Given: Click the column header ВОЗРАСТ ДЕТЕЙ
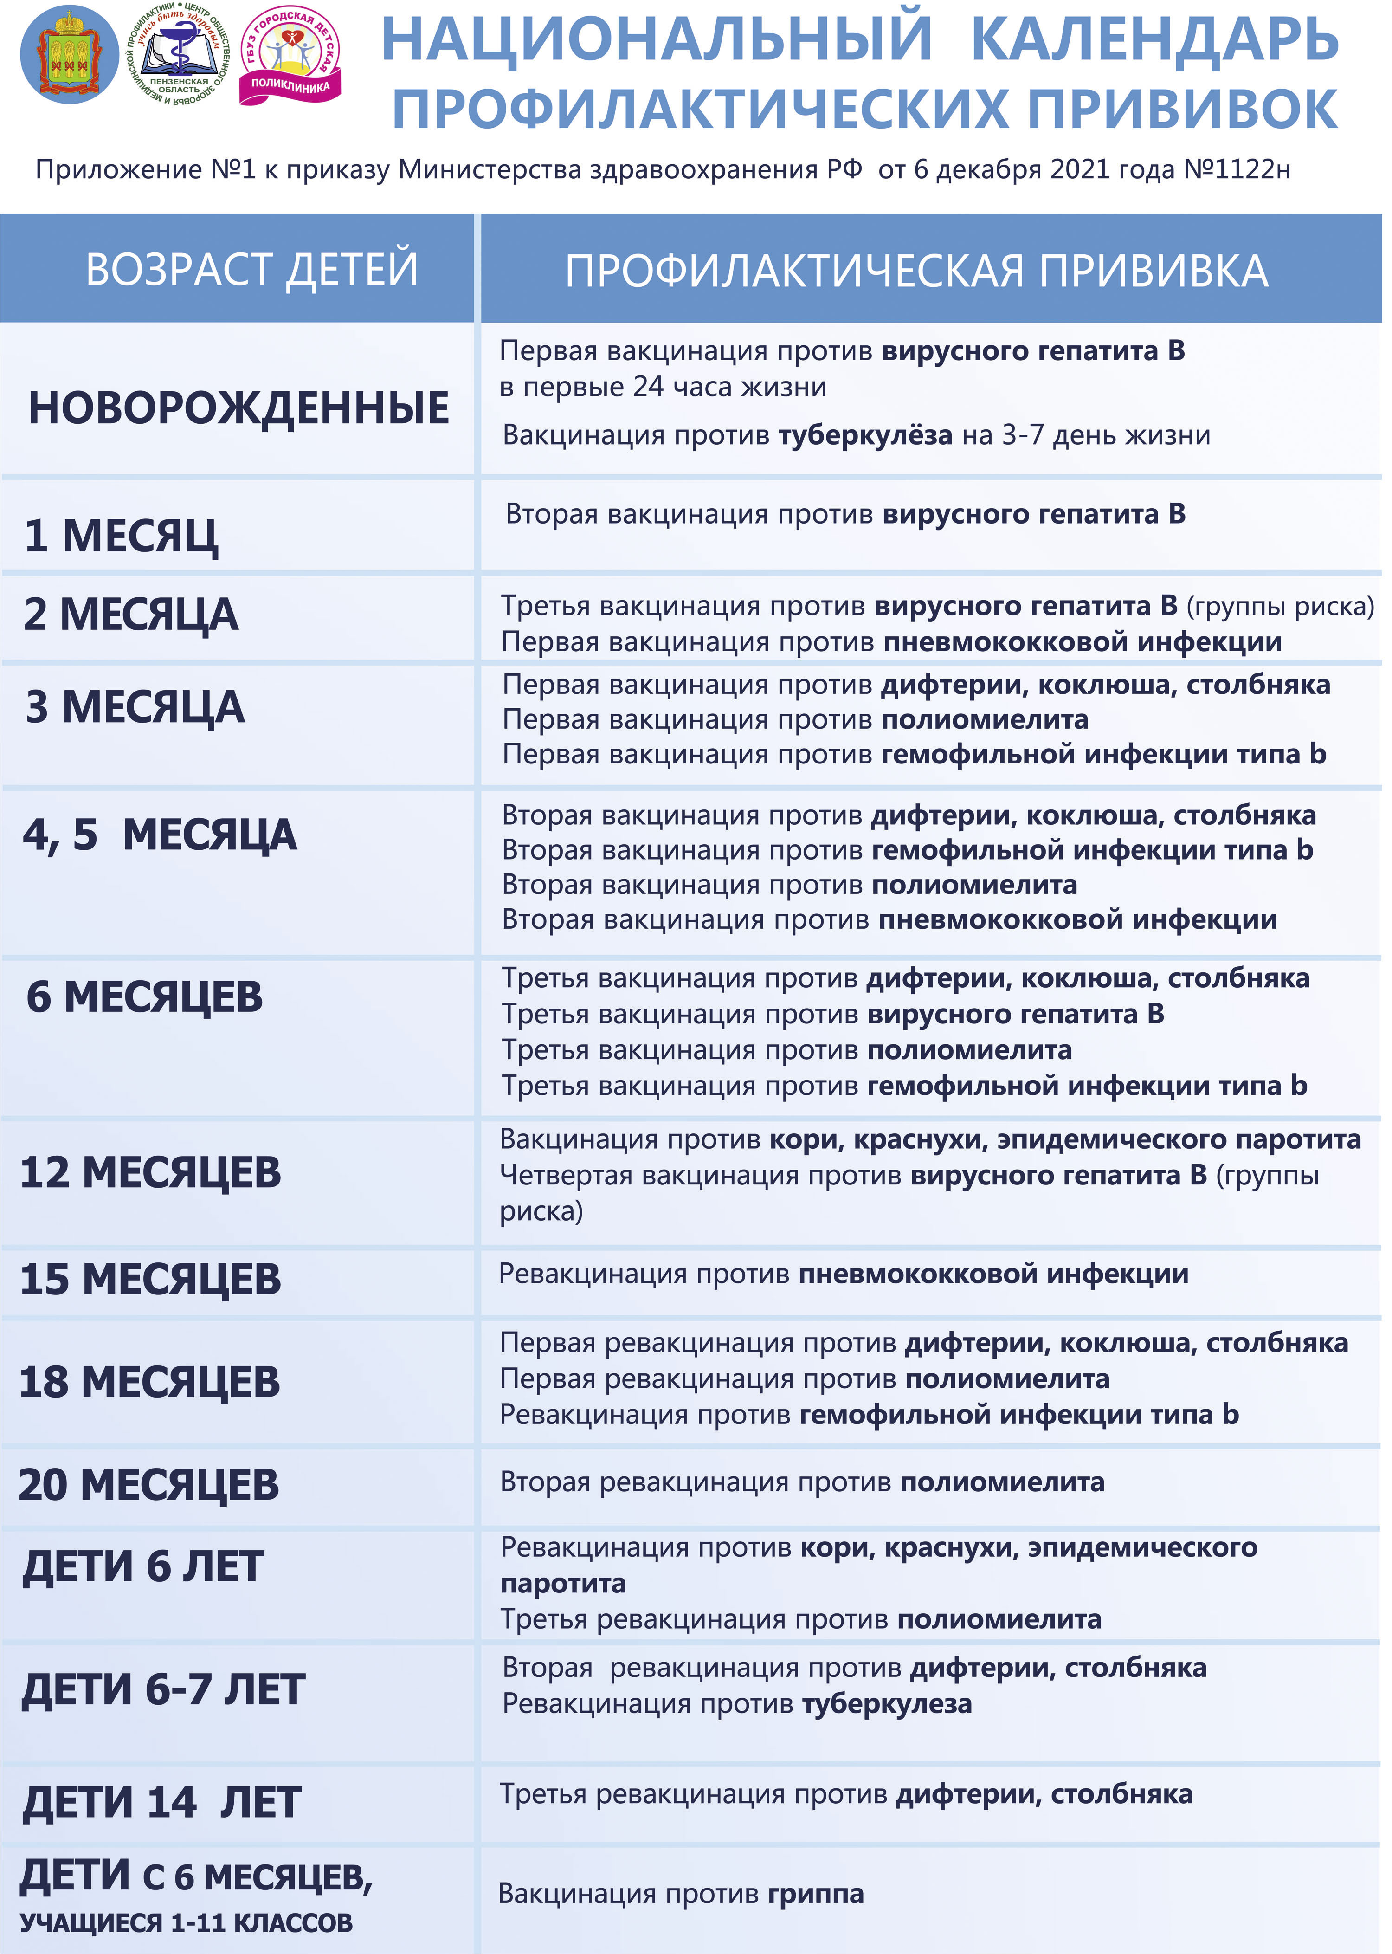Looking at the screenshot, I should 252,269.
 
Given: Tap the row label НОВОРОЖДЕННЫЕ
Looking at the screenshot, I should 238,408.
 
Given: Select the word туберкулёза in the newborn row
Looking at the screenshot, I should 865,435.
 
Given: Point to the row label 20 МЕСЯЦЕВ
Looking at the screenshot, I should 148,1484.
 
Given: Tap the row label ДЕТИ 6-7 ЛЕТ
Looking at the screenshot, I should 163,1689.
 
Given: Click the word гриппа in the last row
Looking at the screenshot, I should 815,1893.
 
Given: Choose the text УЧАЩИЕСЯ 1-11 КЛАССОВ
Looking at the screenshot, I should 186,1923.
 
